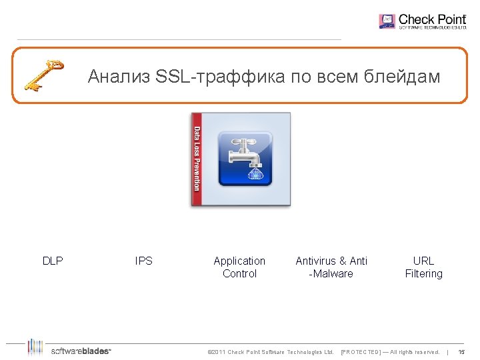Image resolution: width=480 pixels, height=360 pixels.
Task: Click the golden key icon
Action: click(43, 75)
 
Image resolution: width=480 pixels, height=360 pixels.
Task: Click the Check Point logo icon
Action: click(387, 21)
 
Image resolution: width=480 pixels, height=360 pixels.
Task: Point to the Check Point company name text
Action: click(432, 20)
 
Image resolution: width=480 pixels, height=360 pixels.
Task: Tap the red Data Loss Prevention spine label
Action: click(197, 159)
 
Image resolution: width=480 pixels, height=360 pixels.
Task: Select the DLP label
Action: click(53, 261)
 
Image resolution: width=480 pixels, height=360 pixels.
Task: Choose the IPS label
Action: click(143, 261)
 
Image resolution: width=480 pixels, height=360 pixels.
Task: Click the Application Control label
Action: click(239, 267)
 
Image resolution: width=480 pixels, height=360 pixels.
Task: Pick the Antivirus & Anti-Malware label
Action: click(331, 267)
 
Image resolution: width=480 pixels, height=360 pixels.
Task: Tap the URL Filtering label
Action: click(423, 267)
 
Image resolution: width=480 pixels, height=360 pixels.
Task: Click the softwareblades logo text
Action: click(81, 351)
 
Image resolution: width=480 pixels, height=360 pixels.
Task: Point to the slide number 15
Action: click(461, 352)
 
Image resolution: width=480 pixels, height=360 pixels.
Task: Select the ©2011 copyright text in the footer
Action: click(271, 352)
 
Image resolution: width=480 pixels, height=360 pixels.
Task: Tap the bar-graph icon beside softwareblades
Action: click(35, 347)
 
